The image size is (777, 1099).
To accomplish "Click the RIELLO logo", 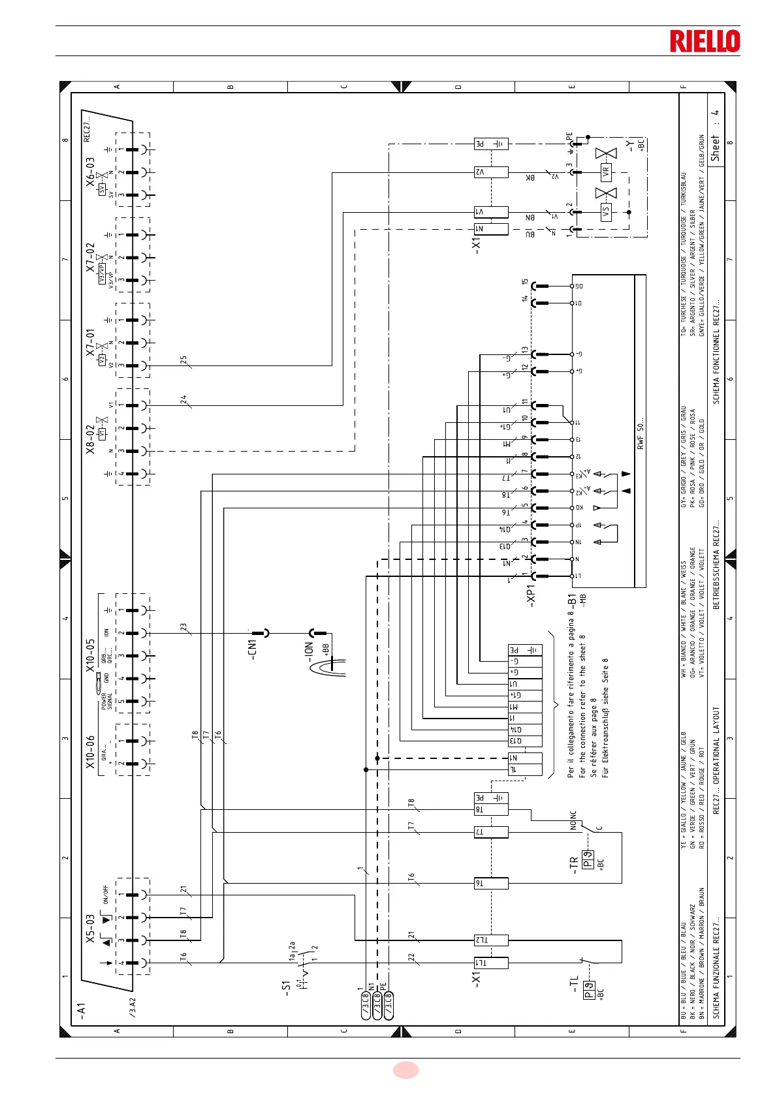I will (705, 41).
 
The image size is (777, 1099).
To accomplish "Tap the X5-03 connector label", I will (90, 928).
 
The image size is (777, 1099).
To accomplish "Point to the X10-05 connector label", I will (90, 654).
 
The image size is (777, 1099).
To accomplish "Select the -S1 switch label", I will (285, 986).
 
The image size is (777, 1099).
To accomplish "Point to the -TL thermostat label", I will (574, 985).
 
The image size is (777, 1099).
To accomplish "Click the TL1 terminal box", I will (490, 963).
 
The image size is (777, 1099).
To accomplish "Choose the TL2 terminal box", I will (490, 940).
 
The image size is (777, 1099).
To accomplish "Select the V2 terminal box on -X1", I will (490, 172).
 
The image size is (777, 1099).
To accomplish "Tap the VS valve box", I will (606, 212).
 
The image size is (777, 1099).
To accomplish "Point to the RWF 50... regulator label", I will (641, 433).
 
